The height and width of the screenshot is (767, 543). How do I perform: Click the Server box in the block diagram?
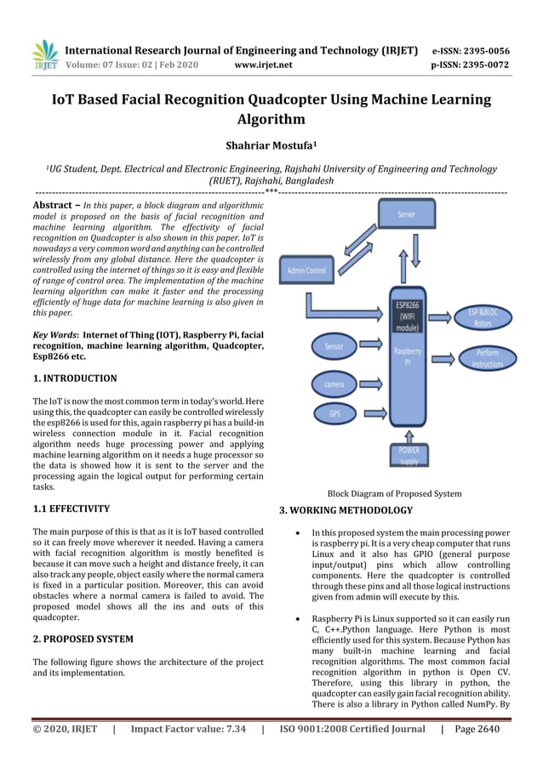407,215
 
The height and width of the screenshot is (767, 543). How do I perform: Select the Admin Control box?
306,270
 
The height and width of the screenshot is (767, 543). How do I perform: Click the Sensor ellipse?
334,347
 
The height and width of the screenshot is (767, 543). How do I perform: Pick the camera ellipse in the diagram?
334,384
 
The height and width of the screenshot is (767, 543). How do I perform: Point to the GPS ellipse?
334,414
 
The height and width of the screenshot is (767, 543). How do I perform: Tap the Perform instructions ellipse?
487,357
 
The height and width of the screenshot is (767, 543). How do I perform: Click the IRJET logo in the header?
45,54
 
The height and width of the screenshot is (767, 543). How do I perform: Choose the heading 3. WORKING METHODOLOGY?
346,510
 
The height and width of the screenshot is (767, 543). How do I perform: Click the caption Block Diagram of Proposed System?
395,493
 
